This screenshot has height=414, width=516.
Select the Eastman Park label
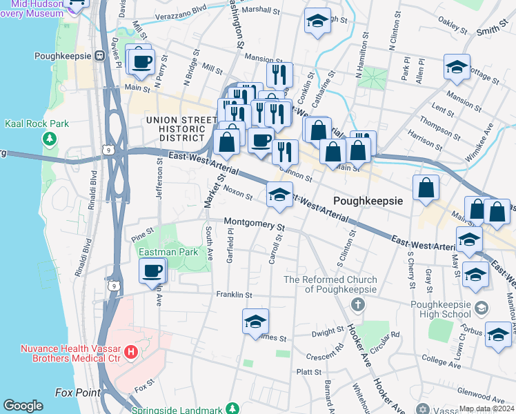[163, 253]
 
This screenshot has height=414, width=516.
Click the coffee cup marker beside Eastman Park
[152, 271]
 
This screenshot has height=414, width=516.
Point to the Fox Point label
[77, 393]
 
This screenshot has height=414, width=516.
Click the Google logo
[23, 406]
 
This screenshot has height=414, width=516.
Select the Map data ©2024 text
[486, 408]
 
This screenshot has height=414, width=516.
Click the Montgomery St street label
[255, 226]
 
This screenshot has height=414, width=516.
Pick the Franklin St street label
[232, 295]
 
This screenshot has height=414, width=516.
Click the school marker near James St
[255, 322]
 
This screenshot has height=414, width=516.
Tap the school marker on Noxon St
[279, 195]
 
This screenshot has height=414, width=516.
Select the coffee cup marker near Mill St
[143, 61]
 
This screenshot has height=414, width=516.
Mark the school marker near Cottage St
[457, 67]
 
